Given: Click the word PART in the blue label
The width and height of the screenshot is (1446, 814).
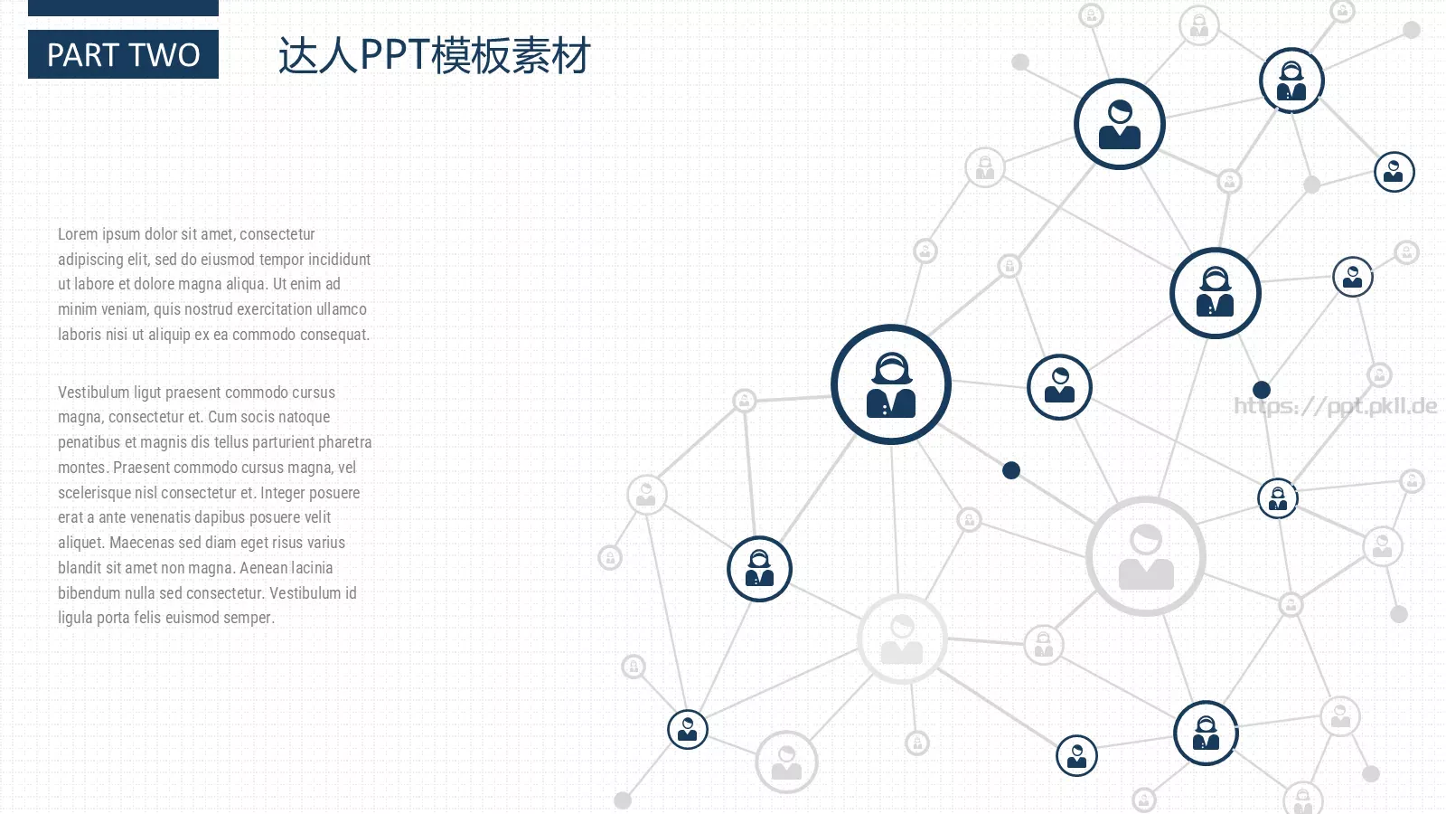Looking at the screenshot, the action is (82, 55).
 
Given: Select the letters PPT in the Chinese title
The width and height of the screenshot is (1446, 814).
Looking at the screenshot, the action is (394, 54).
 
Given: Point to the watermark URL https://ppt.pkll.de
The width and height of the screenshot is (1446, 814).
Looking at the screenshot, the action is (1335, 406).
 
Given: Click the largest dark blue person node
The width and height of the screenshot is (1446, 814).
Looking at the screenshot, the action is (891, 384).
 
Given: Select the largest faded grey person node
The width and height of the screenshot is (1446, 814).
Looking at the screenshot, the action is (1146, 555).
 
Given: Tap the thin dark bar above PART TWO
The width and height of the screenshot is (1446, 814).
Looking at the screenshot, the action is (123, 7).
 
